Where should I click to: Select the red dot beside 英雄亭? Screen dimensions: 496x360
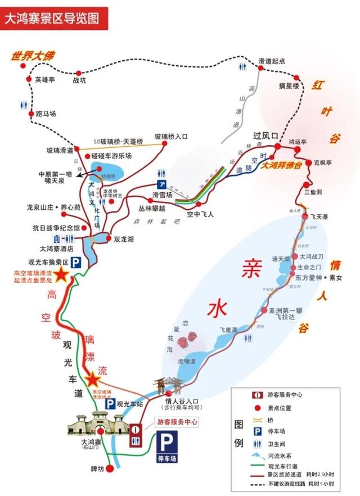click(30, 80)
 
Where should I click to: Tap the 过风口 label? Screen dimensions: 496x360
click(265, 136)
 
